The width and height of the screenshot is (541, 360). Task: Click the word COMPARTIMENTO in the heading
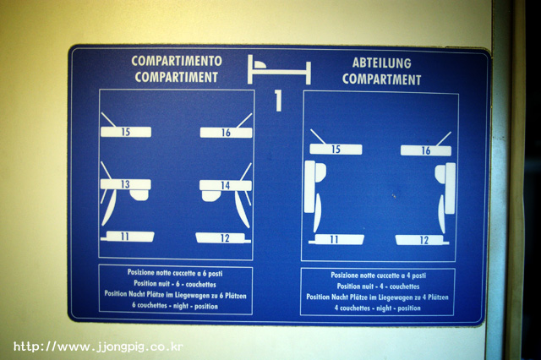177,61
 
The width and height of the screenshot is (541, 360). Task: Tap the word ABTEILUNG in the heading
381,63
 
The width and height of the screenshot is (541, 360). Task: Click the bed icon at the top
279,69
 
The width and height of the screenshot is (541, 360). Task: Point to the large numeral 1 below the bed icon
278,101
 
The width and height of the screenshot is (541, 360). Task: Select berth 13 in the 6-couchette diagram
126,184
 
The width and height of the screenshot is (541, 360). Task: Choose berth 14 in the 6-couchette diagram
226,185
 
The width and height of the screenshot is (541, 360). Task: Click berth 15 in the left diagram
126,132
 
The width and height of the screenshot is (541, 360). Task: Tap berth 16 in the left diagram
226,133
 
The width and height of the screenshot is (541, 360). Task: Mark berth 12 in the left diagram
221,238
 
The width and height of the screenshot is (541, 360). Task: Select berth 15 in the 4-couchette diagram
336,150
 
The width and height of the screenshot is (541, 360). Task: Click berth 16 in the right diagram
426,150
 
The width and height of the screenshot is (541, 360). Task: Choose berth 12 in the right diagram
421,240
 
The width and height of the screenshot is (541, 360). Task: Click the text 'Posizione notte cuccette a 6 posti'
175,273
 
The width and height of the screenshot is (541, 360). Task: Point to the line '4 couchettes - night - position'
378,308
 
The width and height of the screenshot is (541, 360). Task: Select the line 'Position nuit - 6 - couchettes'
175,284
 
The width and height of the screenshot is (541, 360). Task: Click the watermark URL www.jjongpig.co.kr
98,346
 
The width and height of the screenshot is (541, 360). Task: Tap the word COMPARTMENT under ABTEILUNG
381,79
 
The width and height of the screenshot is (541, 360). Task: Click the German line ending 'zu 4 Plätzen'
378,297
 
